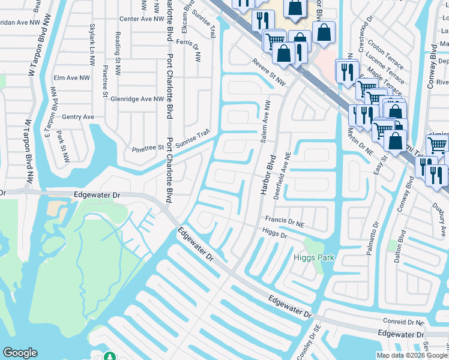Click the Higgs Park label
point(313,258)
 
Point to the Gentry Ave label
point(79,116)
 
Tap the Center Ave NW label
point(142,19)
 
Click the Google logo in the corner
point(20,353)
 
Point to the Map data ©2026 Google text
point(412,355)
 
